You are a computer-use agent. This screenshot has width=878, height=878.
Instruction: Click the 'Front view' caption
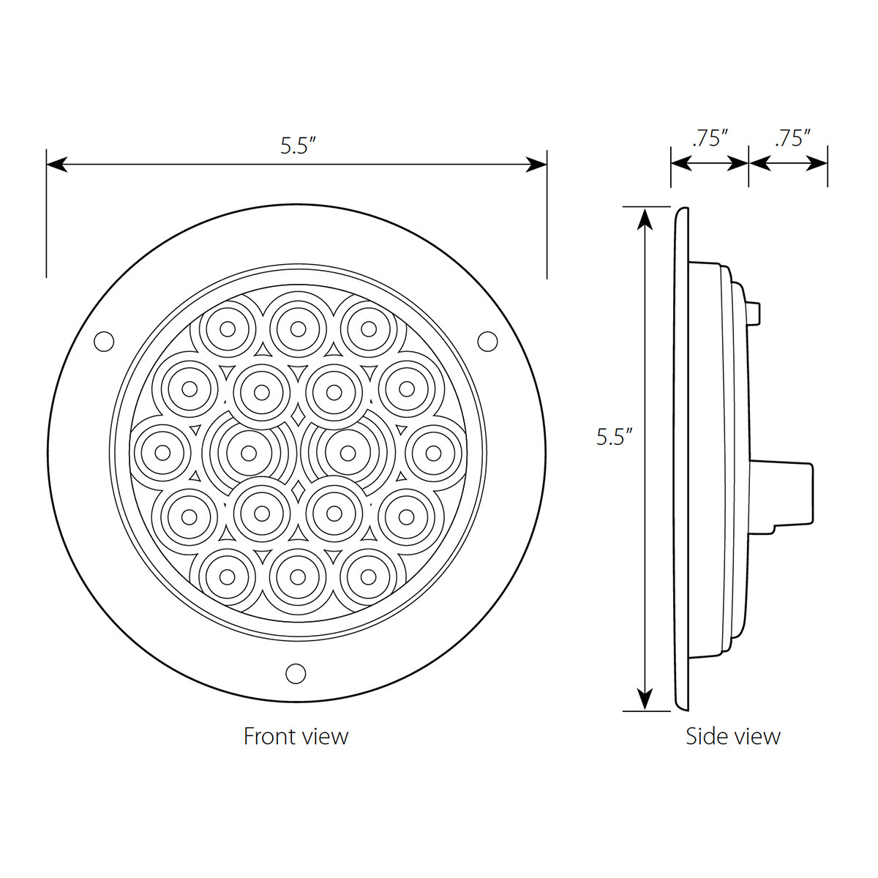pos(296,735)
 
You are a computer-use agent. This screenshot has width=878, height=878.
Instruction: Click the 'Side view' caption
pos(732,735)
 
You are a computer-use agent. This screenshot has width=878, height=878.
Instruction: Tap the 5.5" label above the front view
pos(297,146)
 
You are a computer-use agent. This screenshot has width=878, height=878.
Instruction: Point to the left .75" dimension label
pos(709,138)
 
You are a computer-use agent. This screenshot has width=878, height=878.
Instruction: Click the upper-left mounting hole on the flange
pos(105,340)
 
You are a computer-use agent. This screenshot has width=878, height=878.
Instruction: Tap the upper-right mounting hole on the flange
pos(487,340)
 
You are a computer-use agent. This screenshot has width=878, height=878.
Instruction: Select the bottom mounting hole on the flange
pos(296,672)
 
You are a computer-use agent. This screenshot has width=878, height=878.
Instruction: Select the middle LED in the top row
pos(298,329)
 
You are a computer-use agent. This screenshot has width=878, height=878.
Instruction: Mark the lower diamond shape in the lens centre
pos(298,488)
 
